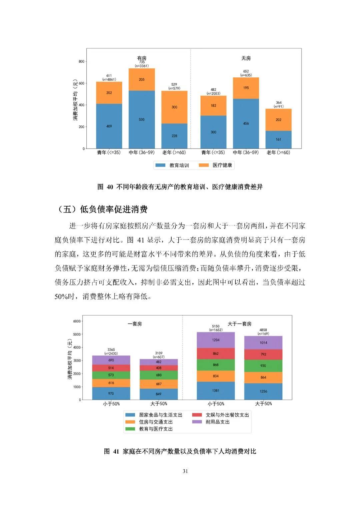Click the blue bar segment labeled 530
[142, 119]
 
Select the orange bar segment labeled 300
[174, 107]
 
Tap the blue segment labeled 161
[278, 139]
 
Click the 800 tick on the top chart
[81, 61]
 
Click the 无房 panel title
[246, 58]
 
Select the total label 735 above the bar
[142, 62]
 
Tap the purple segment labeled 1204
[216, 340]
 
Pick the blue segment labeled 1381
[216, 390]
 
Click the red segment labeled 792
[263, 354]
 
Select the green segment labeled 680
[159, 375]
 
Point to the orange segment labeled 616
[111, 383]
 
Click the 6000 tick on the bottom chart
[77, 321]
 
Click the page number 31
[185, 471]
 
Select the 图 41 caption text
[180, 451]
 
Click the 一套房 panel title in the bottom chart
[135, 324]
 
